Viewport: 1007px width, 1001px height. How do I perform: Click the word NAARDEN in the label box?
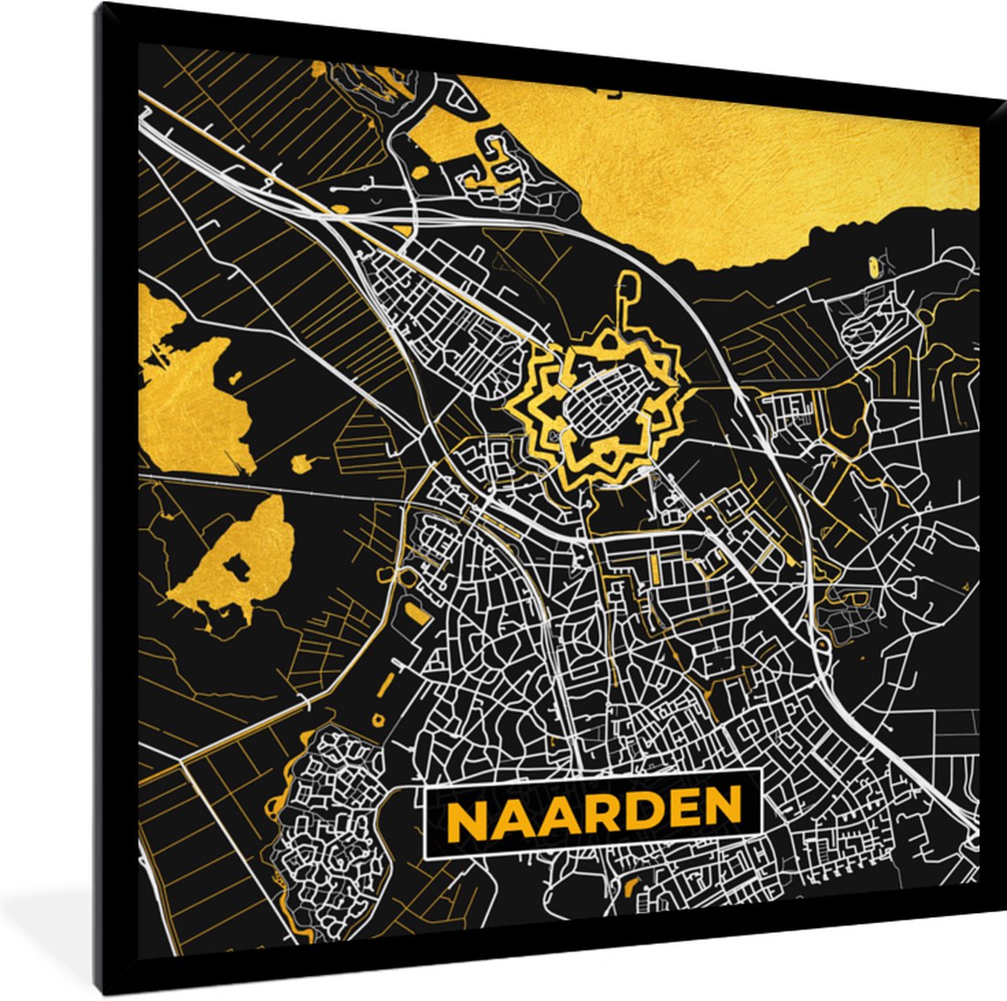[594, 811]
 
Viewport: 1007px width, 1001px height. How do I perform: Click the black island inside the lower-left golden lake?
[237, 569]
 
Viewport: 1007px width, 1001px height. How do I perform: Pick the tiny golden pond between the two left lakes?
[300, 461]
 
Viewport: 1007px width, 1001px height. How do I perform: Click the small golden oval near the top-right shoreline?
[875, 267]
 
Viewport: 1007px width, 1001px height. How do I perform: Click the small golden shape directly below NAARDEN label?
[632, 884]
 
